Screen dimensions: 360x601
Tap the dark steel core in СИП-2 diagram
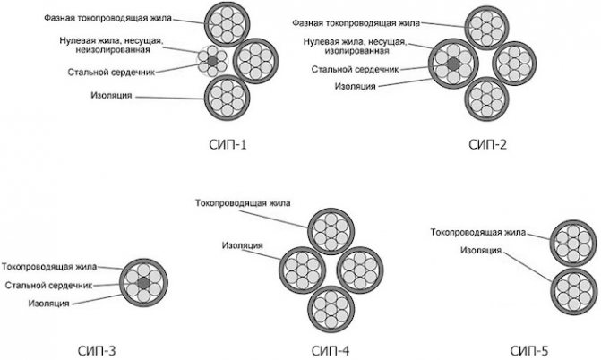coord(454,64)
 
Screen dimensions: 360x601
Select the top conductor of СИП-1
coord(225,23)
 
